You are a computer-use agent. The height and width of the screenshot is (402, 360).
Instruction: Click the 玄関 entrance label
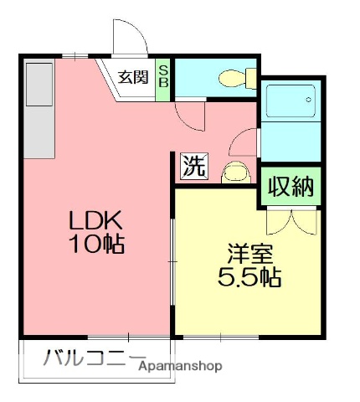coord(132,78)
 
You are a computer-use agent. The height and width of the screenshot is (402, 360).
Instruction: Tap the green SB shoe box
coord(164,77)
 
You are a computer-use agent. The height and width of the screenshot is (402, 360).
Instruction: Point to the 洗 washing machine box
coord(193,166)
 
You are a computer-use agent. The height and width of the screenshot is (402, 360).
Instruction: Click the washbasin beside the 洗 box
coord(234,173)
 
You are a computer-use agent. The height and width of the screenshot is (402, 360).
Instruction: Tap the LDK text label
coord(96,221)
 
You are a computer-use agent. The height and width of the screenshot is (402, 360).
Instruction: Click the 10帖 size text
coord(97,245)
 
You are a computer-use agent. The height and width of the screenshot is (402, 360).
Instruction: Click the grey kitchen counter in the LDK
coord(37,110)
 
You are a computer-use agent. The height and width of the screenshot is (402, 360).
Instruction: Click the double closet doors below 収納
coord(290,219)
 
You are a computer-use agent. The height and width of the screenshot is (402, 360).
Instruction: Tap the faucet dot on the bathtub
coord(309,99)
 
